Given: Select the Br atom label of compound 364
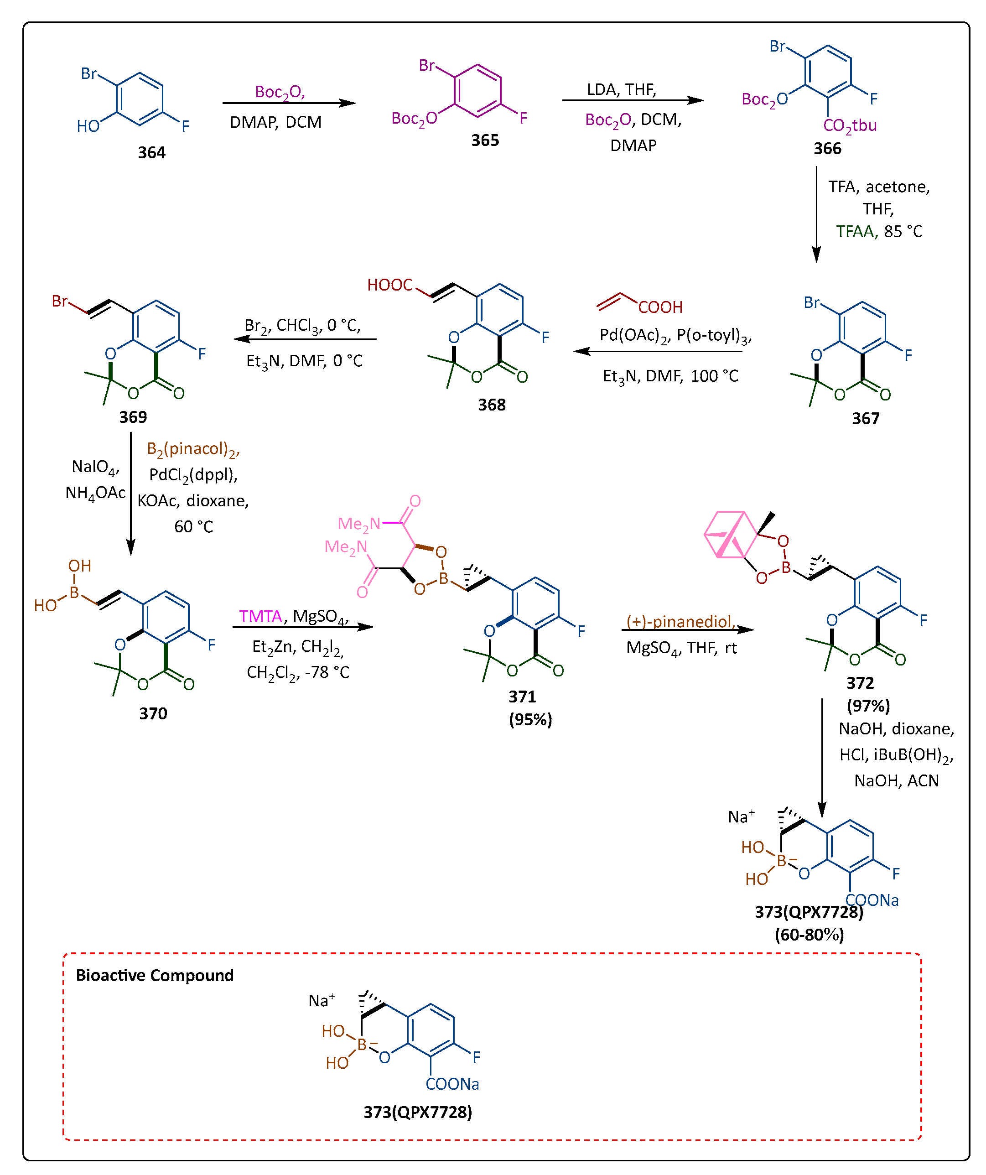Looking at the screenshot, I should [88, 73].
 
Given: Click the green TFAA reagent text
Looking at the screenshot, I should [855, 231].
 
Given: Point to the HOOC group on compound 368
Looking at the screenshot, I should [389, 285].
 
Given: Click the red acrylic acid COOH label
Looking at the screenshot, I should [660, 307].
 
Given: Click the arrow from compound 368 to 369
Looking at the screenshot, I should [305, 338].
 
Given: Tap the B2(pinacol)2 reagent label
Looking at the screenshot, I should [193, 449].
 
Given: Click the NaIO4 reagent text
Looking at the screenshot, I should [94, 467].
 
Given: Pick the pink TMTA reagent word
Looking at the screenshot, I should [260, 616].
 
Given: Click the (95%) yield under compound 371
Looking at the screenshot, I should [530, 719].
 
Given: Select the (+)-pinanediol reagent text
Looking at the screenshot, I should [680, 621].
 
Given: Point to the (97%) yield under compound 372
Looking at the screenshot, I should [868, 706].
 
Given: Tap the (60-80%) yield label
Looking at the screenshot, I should [809, 935].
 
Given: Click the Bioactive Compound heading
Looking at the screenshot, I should [155, 975].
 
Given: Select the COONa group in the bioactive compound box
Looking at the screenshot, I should [451, 1084].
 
